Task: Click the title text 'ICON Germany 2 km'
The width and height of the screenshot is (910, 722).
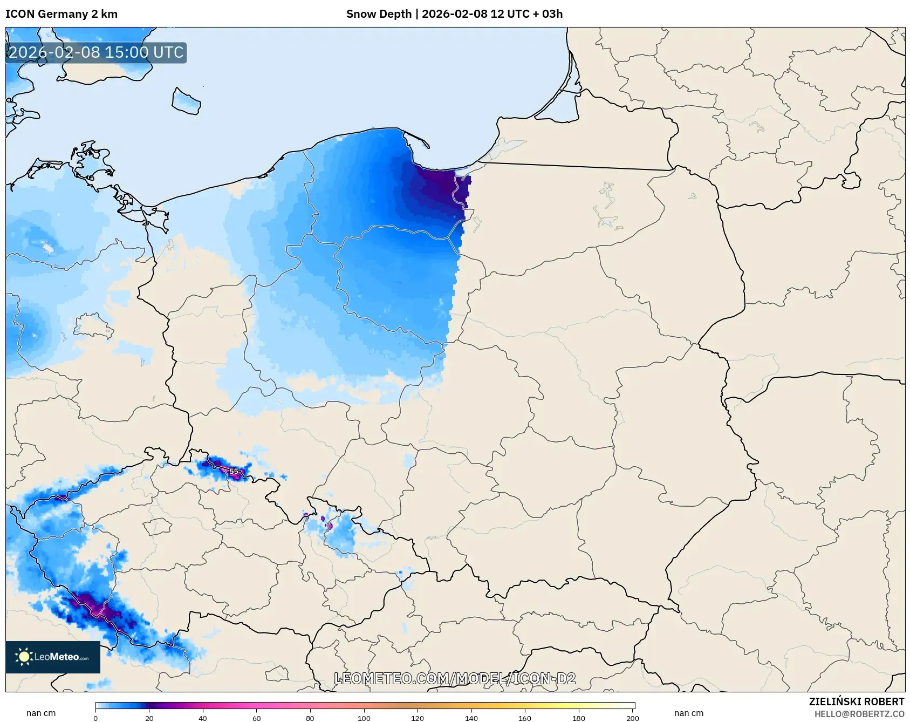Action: pyautogui.click(x=61, y=14)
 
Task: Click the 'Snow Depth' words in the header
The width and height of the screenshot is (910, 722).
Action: pyautogui.click(x=379, y=14)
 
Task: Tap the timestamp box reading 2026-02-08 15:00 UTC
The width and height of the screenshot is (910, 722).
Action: pyautogui.click(x=96, y=53)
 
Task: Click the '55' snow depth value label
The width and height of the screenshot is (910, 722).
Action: pyautogui.click(x=234, y=471)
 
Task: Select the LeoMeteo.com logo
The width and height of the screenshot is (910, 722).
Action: pyautogui.click(x=53, y=657)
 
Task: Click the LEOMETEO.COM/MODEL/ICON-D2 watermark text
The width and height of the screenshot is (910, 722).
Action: pyautogui.click(x=455, y=678)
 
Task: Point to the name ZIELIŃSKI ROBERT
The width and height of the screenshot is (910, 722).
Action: pyautogui.click(x=856, y=701)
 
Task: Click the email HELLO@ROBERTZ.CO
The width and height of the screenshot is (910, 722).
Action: pyautogui.click(x=859, y=714)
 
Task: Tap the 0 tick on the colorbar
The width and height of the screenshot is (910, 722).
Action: pyautogui.click(x=95, y=718)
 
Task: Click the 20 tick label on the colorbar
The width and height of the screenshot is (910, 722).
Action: pyautogui.click(x=149, y=718)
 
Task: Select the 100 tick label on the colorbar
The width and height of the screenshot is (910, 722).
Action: pyautogui.click(x=364, y=718)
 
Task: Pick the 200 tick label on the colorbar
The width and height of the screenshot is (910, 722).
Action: pyautogui.click(x=632, y=718)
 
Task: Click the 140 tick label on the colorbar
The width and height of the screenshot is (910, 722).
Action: pyautogui.click(x=471, y=718)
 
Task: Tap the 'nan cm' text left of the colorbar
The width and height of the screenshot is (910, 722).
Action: pyautogui.click(x=41, y=713)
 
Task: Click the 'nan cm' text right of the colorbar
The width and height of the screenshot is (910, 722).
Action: pyautogui.click(x=688, y=713)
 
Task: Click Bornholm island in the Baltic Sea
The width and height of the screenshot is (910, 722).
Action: pyautogui.click(x=186, y=101)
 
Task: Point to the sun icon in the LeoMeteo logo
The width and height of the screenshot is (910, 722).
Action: pyautogui.click(x=24, y=657)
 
